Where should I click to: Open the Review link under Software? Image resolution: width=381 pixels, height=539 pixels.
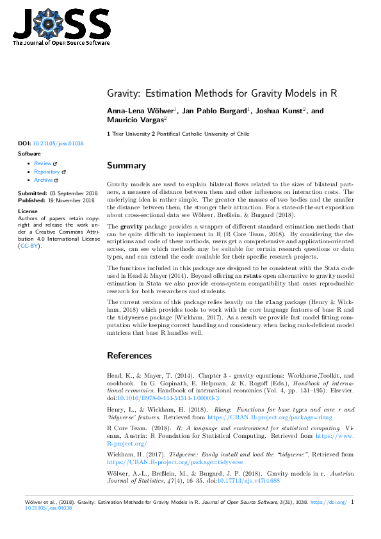tap(43, 164)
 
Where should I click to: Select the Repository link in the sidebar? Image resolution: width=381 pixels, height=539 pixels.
tap(47, 172)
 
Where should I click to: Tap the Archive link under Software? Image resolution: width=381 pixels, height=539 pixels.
tap(44, 181)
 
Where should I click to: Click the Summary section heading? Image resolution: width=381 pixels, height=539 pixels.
tap(126, 166)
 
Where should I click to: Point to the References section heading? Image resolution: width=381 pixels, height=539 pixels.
tap(129, 355)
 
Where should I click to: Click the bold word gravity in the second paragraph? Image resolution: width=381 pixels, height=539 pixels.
tap(131, 227)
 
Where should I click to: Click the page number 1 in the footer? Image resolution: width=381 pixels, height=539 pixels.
tap(353, 503)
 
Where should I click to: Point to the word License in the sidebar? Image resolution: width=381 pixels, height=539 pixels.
tap(28, 211)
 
